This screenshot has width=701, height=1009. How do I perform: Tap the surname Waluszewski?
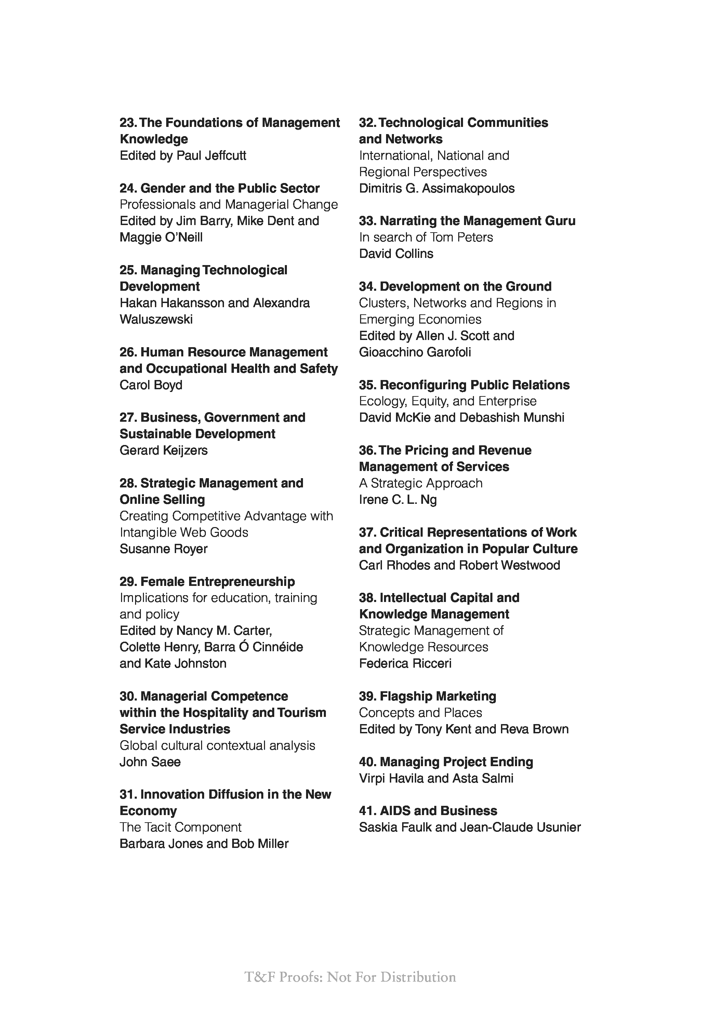(156, 319)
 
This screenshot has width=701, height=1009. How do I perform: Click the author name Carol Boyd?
(151, 385)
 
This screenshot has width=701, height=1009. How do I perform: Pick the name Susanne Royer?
(163, 549)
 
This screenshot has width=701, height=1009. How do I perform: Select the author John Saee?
(150, 762)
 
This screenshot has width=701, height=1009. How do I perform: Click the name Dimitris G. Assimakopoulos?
(437, 188)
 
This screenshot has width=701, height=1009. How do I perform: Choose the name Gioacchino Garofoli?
(415, 352)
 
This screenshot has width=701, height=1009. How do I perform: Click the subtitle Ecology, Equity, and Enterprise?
(448, 401)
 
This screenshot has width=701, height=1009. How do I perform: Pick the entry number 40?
(367, 762)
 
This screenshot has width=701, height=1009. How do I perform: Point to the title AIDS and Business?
(438, 811)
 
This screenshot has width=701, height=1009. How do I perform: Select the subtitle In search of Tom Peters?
(426, 237)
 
